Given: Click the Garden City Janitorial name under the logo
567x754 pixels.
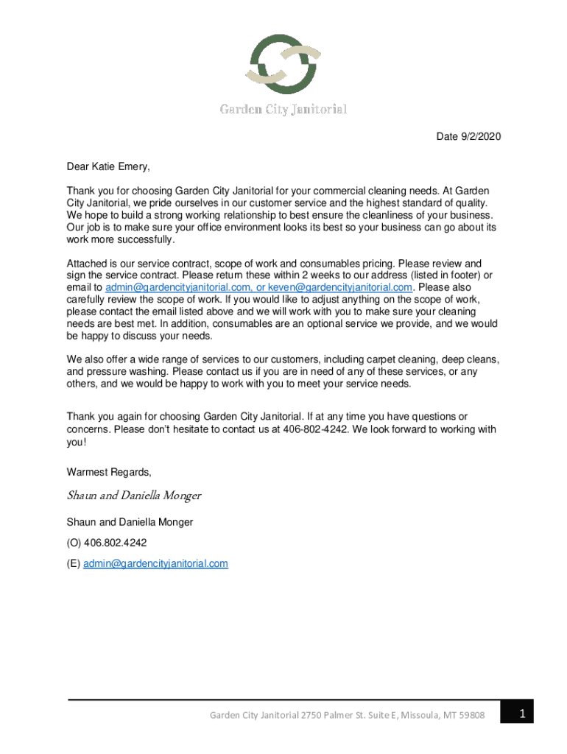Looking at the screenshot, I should [x=283, y=110].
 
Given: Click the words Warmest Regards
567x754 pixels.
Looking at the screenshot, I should [x=109, y=471].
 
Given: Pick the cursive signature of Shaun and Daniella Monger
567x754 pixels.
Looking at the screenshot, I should [x=133, y=496].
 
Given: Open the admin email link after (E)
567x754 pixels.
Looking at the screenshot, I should [x=155, y=564].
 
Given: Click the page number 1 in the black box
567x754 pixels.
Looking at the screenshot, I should [x=521, y=713].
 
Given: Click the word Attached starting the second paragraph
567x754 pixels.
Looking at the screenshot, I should [x=88, y=263].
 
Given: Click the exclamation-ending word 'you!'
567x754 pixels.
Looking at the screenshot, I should [x=77, y=442].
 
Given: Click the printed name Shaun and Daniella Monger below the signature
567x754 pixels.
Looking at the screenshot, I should [x=130, y=522].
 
